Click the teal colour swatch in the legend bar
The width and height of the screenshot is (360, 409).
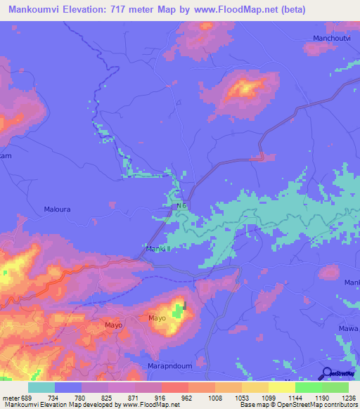tap(41, 387)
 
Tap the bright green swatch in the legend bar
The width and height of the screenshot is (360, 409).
tap(308, 387)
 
